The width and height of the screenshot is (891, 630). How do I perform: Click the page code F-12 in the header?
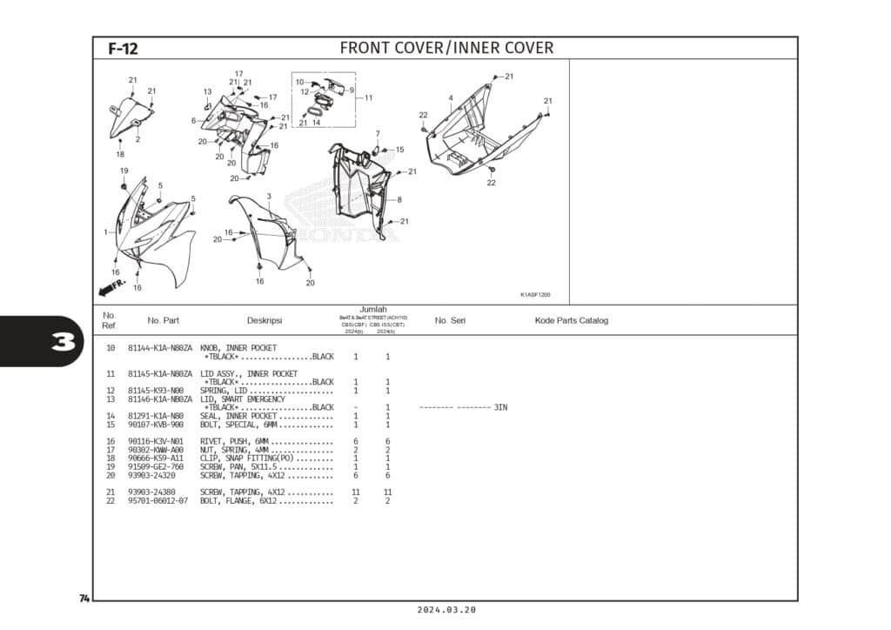[123, 49]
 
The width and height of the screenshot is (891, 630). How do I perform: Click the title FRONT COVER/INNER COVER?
[446, 48]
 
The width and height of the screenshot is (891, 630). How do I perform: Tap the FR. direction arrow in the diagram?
[112, 285]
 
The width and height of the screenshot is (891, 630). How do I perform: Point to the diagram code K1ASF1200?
[535, 295]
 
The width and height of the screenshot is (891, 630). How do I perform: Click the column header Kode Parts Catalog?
[571, 320]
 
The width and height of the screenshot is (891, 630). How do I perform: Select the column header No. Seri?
[450, 320]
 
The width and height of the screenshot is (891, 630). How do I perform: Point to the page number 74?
[84, 599]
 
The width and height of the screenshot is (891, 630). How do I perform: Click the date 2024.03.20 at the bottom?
[446, 611]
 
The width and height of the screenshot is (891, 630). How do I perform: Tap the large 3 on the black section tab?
[62, 342]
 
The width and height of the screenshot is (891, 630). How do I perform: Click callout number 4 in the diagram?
[451, 98]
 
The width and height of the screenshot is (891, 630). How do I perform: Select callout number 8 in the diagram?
[399, 200]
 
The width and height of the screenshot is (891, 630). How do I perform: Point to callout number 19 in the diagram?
[124, 171]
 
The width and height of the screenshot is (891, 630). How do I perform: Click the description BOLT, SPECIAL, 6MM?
[240, 425]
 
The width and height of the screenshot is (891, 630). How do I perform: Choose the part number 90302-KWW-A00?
[156, 450]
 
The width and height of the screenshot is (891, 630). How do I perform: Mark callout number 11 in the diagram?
[368, 97]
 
